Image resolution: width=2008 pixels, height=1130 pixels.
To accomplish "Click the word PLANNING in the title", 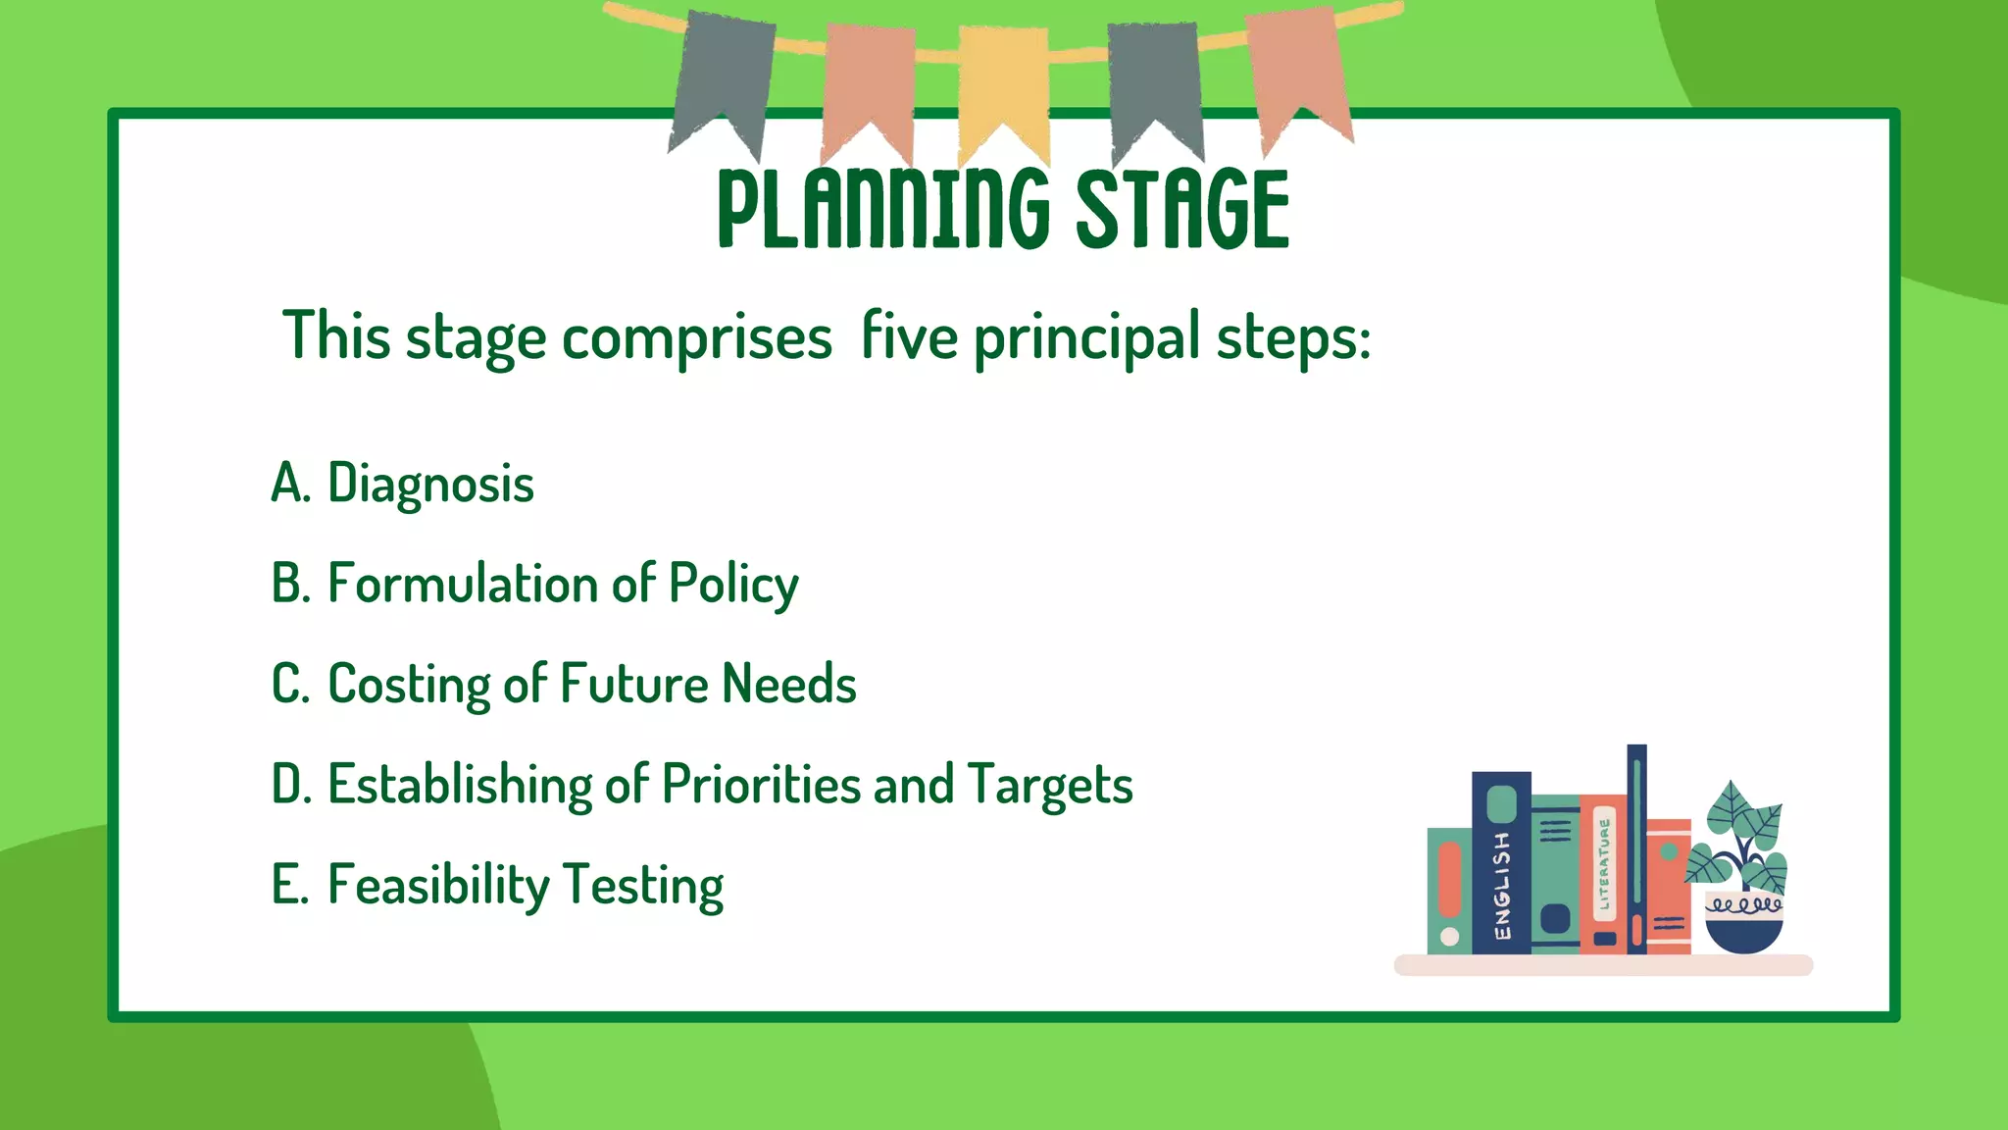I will point(882,208).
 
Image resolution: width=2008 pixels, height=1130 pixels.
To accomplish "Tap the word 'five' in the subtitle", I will point(909,336).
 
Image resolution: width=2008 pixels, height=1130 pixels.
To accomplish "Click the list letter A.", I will point(289,484).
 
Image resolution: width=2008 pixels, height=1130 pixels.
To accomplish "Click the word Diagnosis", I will point(430,484).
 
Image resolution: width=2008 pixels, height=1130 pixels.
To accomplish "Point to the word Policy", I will point(733,585).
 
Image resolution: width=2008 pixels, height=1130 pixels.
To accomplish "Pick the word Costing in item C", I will point(409,685).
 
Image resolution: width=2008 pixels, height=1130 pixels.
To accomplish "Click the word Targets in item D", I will point(1050,786).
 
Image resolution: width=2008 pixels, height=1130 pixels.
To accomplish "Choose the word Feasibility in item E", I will point(438,886).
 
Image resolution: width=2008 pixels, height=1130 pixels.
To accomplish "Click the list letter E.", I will point(288,885).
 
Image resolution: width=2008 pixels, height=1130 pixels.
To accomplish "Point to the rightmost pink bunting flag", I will point(1300,74).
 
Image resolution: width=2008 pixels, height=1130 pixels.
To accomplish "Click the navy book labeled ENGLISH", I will point(1501,863).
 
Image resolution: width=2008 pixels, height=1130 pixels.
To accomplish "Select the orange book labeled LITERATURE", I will point(1604,873).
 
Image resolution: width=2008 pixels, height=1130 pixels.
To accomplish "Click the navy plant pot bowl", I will point(1744,932).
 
